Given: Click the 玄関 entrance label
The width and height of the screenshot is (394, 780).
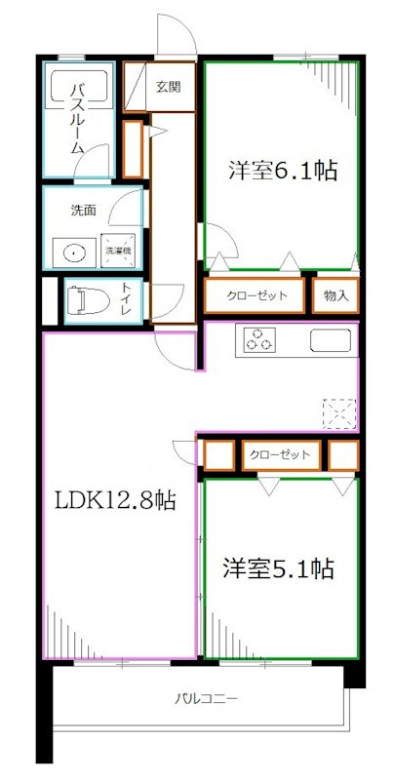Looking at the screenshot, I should [x=168, y=87].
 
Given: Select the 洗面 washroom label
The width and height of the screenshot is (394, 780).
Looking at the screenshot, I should [x=82, y=210].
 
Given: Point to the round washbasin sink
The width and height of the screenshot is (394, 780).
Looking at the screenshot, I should [x=76, y=252].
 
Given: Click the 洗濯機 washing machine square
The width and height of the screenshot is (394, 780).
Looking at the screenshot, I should [x=121, y=252].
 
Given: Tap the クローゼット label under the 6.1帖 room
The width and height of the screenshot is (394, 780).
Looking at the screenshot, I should [x=257, y=296].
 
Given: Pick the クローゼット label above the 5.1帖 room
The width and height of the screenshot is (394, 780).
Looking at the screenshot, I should [x=280, y=455].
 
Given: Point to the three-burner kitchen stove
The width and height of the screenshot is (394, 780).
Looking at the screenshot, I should [x=259, y=341].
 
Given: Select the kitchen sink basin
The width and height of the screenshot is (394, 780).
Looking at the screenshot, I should [x=332, y=341].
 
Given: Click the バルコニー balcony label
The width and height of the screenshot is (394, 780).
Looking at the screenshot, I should [x=208, y=700].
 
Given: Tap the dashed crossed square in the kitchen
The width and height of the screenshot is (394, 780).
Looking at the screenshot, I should [x=340, y=414].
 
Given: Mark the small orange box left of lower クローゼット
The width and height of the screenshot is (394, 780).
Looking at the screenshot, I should [x=217, y=456].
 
